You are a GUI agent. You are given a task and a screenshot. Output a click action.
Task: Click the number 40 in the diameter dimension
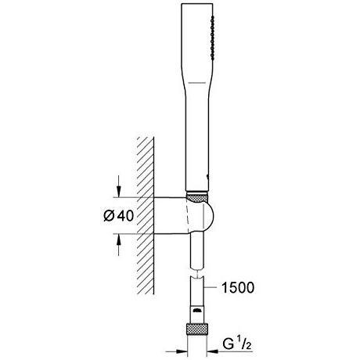(125, 216)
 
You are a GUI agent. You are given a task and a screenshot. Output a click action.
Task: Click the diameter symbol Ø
(109, 216)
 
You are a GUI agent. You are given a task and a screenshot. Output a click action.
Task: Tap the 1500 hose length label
(237, 287)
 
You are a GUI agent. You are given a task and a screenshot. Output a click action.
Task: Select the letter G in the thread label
(228, 344)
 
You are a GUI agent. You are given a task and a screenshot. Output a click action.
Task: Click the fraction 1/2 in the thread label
(244, 344)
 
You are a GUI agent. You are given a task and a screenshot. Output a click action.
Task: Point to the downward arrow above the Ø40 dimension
(119, 186)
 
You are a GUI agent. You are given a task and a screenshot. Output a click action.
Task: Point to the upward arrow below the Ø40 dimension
(119, 245)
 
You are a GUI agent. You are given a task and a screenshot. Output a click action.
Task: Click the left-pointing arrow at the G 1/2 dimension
(218, 351)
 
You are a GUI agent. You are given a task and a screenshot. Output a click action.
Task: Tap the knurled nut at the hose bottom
(197, 329)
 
